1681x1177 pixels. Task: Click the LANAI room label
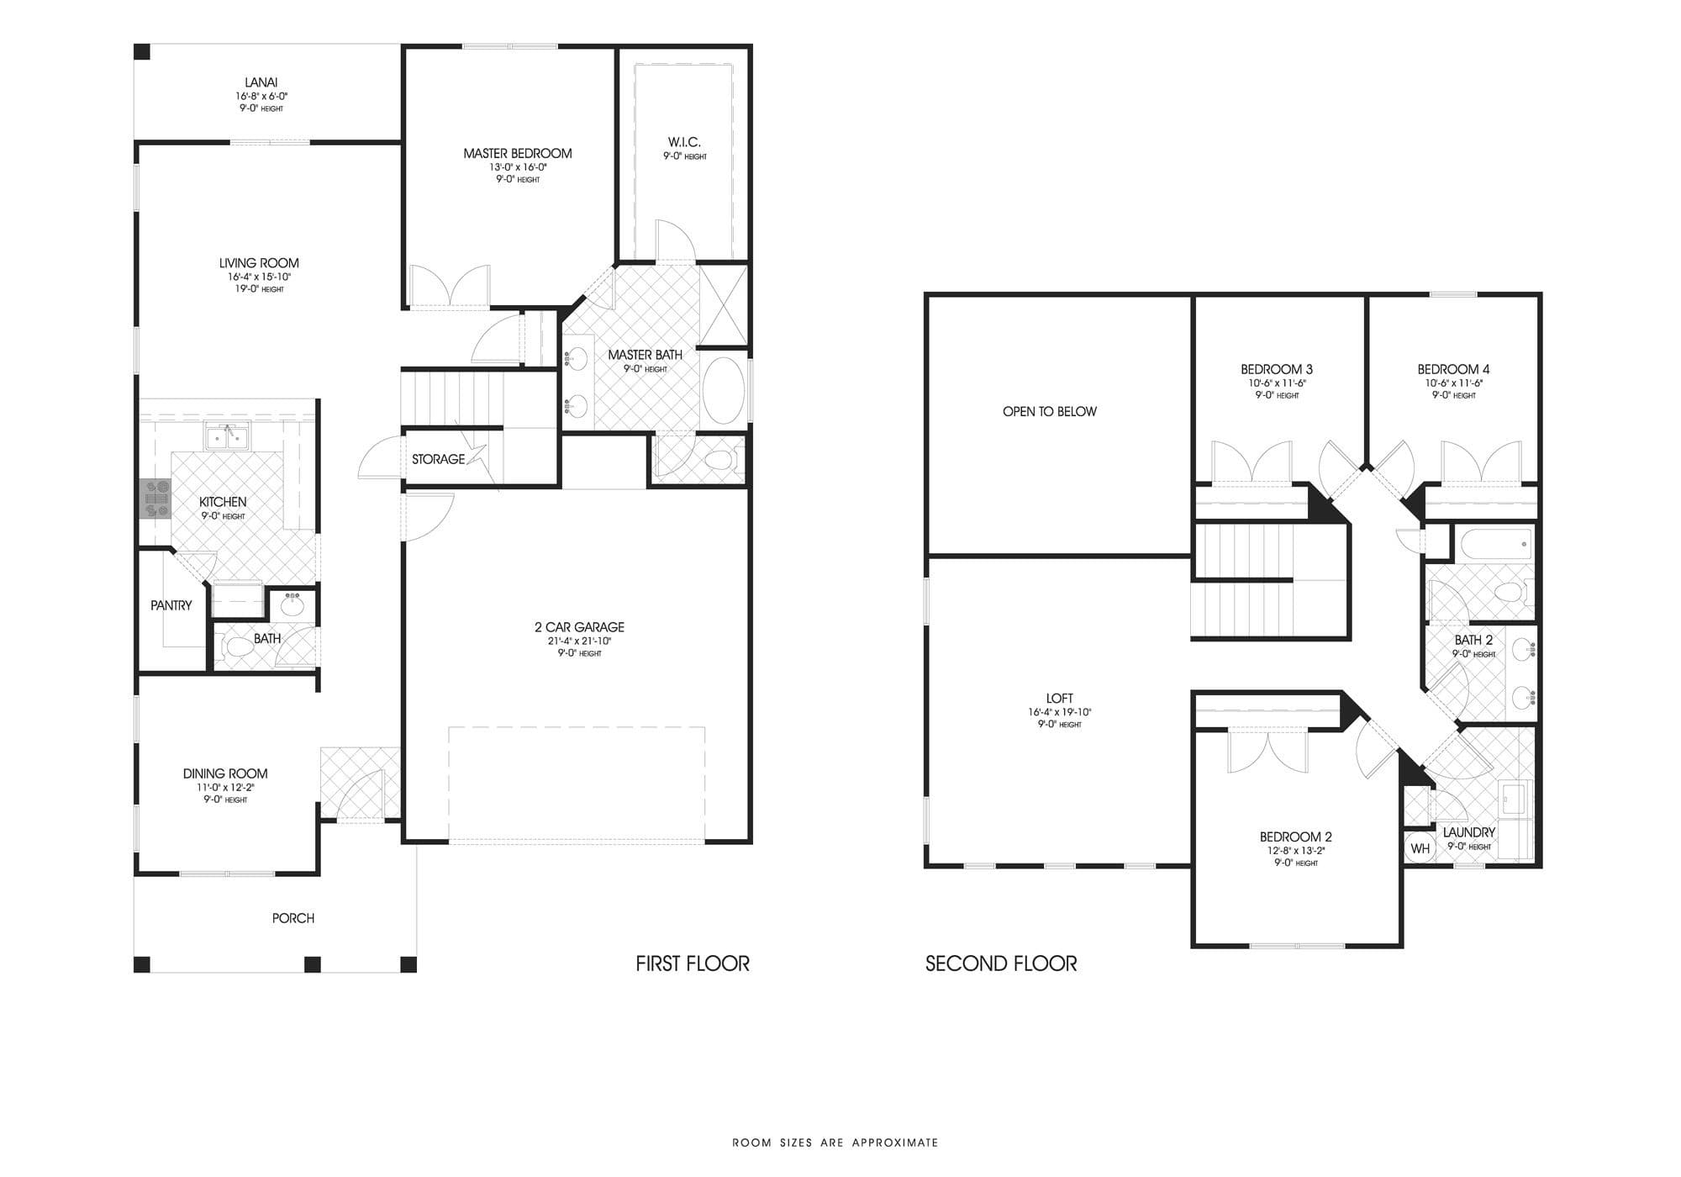click(261, 82)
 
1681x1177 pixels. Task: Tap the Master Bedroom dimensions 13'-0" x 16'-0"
click(518, 167)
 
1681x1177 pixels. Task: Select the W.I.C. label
click(684, 142)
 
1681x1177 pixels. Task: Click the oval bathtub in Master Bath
click(723, 391)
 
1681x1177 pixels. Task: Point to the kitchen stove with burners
click(155, 499)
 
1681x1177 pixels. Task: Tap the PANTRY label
click(171, 605)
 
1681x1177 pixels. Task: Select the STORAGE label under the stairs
click(438, 459)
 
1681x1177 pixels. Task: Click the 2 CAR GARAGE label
click(579, 627)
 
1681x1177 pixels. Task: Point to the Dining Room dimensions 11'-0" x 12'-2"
click(225, 788)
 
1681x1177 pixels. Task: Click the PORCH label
click(293, 918)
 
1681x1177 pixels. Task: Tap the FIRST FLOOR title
click(693, 963)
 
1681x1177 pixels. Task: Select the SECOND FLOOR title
click(1001, 963)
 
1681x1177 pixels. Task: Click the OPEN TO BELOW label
click(1049, 411)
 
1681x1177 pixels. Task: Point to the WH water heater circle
click(1420, 848)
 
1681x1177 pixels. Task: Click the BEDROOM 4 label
click(1453, 369)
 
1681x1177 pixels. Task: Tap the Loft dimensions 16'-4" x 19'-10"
click(1059, 712)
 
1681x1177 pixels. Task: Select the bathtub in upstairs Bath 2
click(1497, 544)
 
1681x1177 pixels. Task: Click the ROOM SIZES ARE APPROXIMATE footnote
click(835, 1143)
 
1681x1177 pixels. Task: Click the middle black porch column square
click(313, 964)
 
